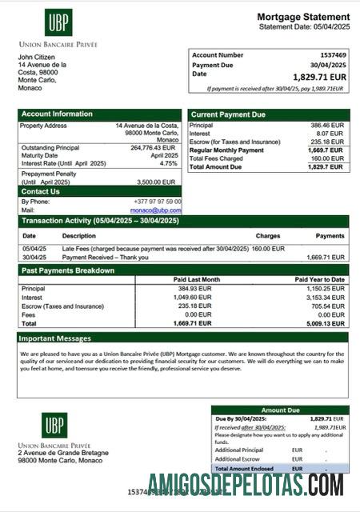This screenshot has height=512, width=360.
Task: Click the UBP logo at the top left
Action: (x=58, y=22)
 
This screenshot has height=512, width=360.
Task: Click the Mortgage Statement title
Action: (x=302, y=17)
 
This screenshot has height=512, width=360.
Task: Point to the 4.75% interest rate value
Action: (x=168, y=163)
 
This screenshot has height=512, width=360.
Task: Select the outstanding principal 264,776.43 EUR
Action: (x=152, y=147)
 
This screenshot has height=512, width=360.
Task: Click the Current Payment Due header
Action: (x=228, y=114)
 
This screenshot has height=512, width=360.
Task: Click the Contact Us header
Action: (x=40, y=191)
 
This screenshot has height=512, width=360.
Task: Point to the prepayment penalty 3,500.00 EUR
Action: (x=159, y=182)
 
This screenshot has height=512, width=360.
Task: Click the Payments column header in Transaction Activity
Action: (x=330, y=236)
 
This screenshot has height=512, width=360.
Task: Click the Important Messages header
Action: (x=56, y=338)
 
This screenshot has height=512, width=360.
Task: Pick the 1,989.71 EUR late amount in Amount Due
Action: (x=328, y=427)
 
